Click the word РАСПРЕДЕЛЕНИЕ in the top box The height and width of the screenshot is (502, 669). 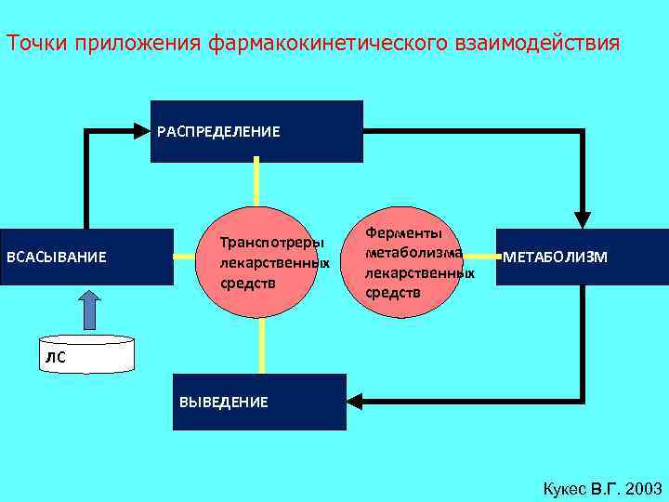(217, 131)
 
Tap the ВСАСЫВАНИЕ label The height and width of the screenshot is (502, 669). (57, 257)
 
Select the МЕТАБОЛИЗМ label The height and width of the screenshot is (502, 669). (556, 257)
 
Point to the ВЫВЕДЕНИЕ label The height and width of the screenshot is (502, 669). (223, 402)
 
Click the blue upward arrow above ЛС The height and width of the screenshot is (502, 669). (89, 309)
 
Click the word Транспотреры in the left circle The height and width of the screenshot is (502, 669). (271, 244)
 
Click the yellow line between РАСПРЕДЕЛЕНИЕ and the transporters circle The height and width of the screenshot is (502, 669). (256, 184)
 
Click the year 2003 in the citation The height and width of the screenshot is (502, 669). (644, 488)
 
